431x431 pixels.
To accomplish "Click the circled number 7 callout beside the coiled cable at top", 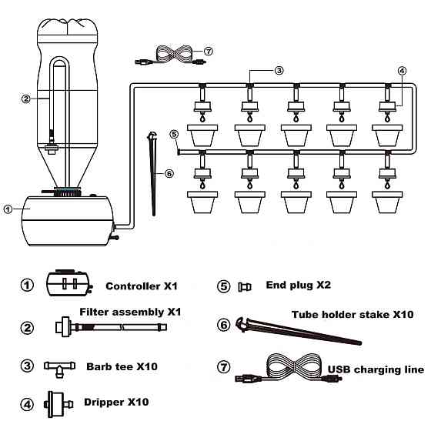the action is (209, 52).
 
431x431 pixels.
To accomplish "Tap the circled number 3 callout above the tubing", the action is (279, 71).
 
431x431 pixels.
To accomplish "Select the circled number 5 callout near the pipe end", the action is (174, 134).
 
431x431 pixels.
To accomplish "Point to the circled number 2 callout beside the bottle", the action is (26, 99).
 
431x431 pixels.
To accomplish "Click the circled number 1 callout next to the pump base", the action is (8, 209).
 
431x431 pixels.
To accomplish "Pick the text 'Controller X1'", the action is (142, 286).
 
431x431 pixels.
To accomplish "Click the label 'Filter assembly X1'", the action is (130, 312).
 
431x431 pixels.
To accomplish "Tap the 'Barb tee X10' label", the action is (122, 366).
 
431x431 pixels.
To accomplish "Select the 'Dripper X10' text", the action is (116, 402).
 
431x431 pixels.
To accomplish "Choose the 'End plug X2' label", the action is (299, 285).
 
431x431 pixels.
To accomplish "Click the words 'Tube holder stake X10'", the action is (352, 315).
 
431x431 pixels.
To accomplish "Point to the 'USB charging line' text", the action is (376, 369).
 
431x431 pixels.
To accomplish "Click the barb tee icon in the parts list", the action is (59, 369).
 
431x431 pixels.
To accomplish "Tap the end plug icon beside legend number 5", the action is (245, 287).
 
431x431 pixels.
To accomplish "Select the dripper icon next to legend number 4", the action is (58, 404).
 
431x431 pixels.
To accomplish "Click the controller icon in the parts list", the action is (69, 283).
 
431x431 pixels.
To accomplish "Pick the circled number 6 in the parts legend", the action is (224, 325).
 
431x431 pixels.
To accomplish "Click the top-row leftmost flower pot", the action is (202, 135).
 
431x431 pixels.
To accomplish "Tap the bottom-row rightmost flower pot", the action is (387, 202).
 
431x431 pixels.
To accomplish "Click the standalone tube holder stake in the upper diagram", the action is (153, 173).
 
